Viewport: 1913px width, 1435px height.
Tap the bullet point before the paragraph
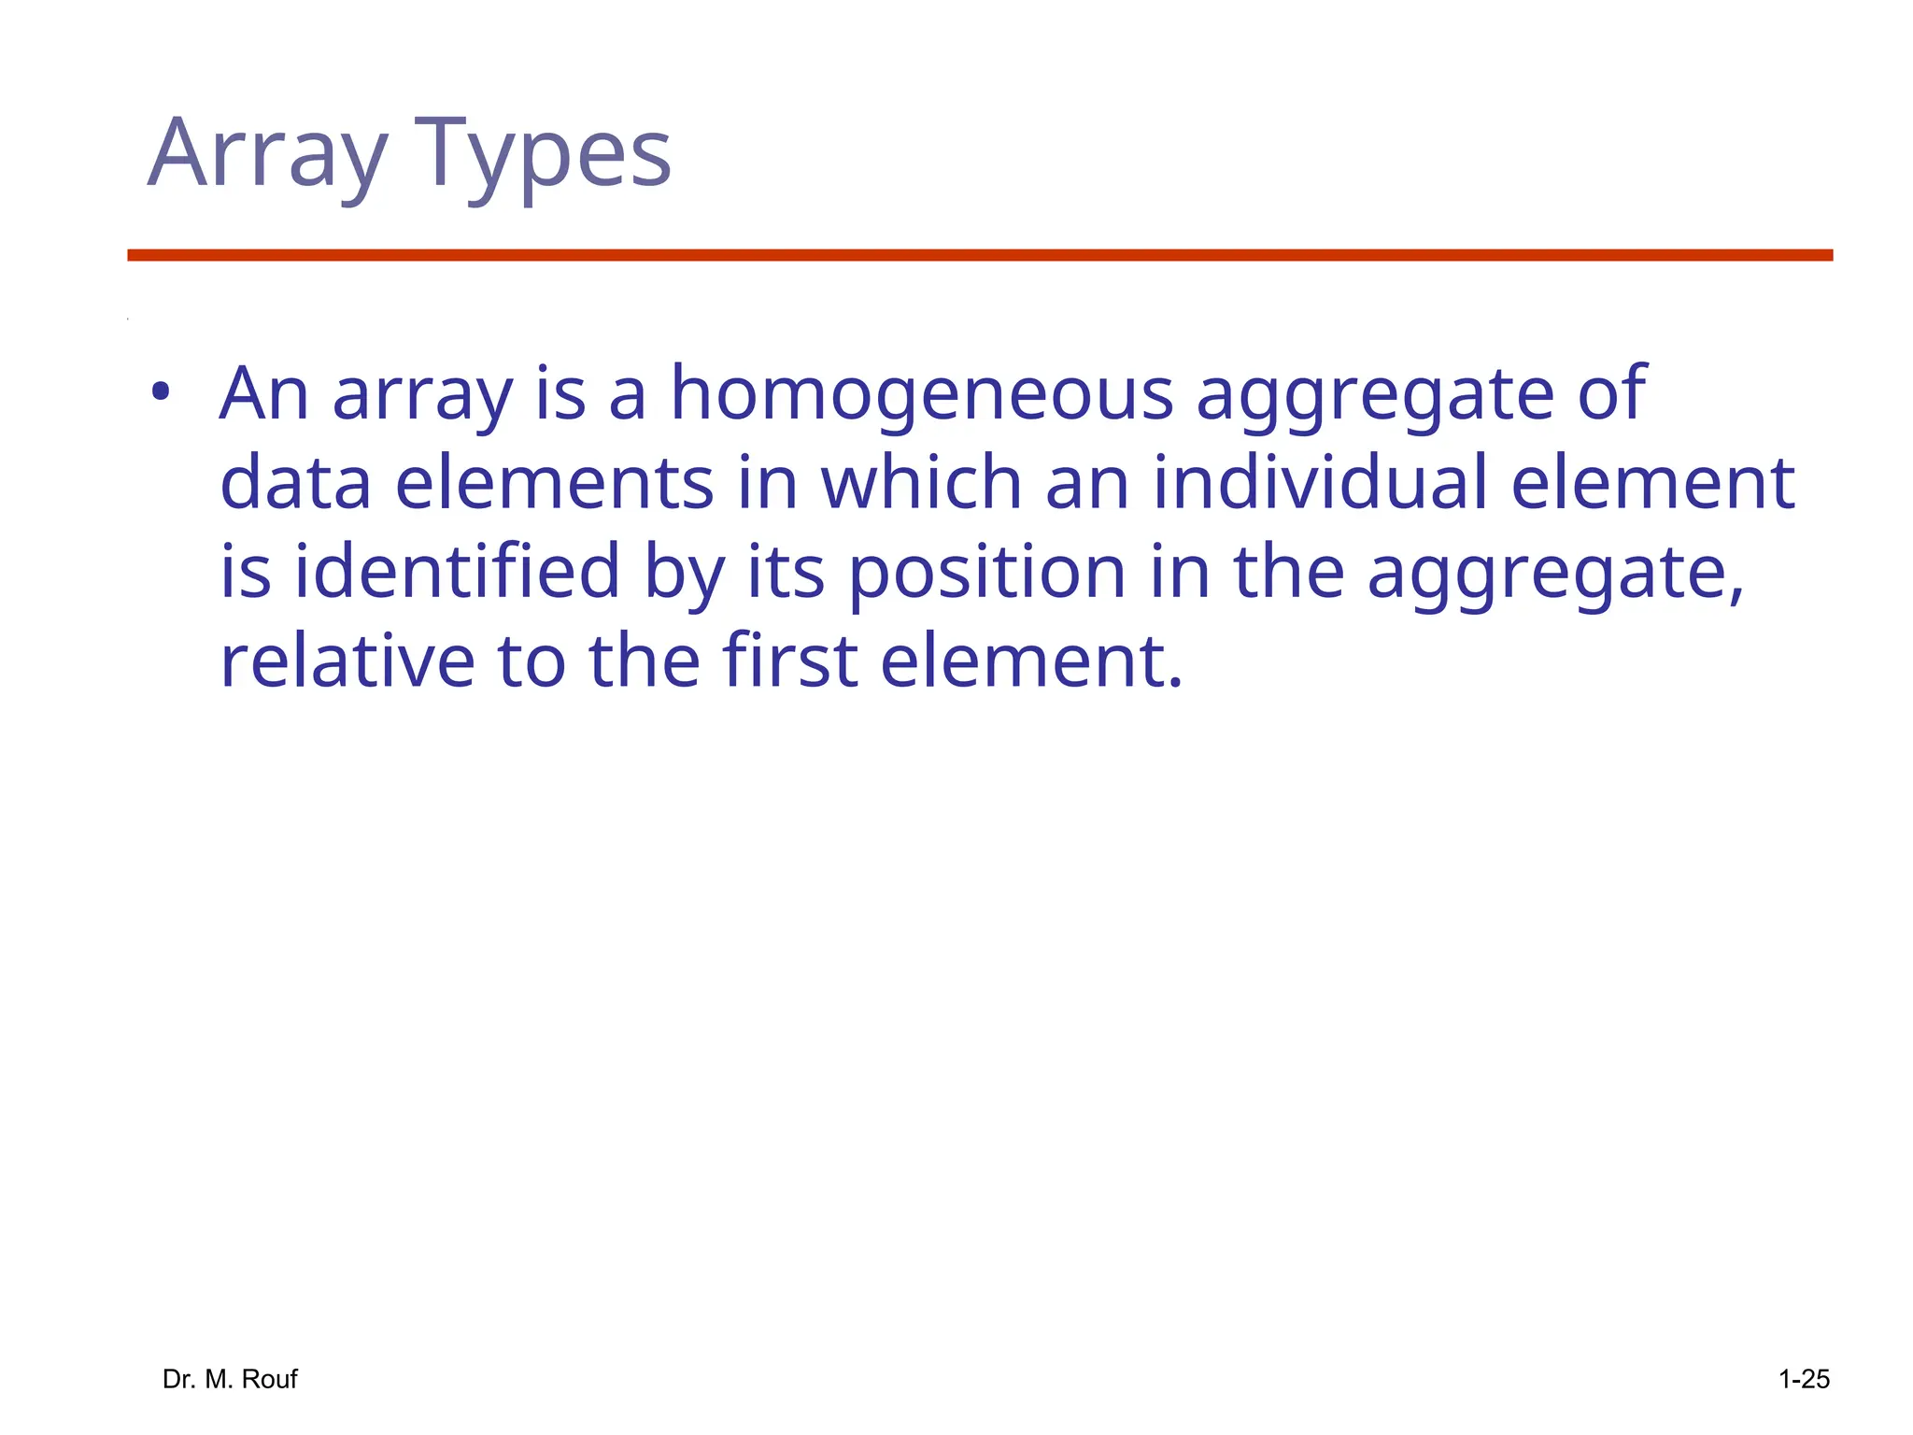pos(161,392)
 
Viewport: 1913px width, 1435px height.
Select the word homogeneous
pos(921,393)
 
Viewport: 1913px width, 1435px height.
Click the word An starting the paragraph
pos(263,393)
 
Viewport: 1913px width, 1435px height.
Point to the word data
pos(295,482)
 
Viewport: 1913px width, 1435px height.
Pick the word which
pos(920,482)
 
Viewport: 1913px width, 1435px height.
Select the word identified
pos(458,571)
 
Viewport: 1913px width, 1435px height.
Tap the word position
pos(986,573)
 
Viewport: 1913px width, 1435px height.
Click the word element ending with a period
pos(1031,661)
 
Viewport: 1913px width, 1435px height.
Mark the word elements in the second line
pos(555,482)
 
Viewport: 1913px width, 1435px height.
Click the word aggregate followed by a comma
pos(1555,573)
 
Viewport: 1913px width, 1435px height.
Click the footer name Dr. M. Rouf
pos(230,1379)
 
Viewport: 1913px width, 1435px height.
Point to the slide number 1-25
pos(1804,1379)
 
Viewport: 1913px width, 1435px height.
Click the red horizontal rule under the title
pos(980,255)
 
